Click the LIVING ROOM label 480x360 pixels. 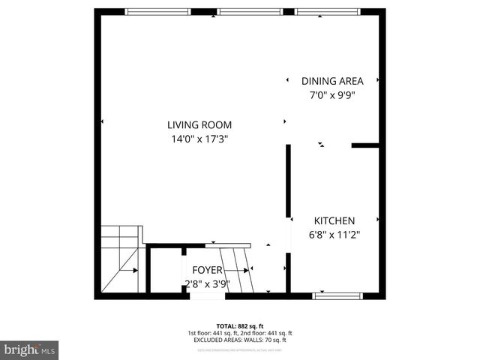pyautogui.click(x=199, y=125)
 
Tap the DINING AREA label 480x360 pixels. pyautogui.click(x=332, y=81)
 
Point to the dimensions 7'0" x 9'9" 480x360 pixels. pyautogui.click(x=332, y=95)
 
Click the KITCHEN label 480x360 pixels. pyautogui.click(x=334, y=220)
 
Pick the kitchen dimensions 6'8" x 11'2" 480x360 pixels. pyautogui.click(x=334, y=234)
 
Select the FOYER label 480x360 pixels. pyautogui.click(x=207, y=270)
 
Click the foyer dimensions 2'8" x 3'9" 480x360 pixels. pyautogui.click(x=207, y=283)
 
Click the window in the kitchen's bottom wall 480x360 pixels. pyautogui.click(x=337, y=295)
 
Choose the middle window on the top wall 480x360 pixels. pyautogui.click(x=250, y=11)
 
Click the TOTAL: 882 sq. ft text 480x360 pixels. pyautogui.click(x=240, y=325)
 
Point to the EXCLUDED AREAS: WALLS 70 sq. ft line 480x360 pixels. pyautogui.click(x=240, y=340)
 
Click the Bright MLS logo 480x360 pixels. pyautogui.click(x=30, y=349)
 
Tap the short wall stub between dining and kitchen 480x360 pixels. pyautogui.click(x=365, y=145)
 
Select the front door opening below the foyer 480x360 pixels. pyautogui.click(x=207, y=295)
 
